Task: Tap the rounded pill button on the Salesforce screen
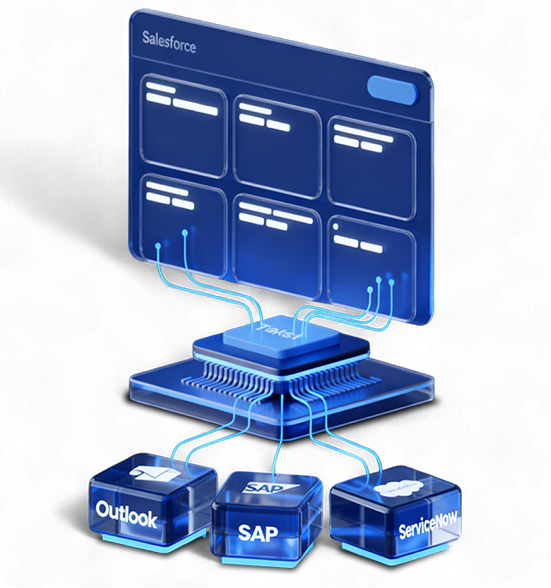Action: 392,88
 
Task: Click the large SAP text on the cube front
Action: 258,532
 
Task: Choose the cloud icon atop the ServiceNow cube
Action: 396,490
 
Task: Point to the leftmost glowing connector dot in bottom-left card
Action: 158,245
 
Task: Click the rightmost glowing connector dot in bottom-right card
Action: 392,280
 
